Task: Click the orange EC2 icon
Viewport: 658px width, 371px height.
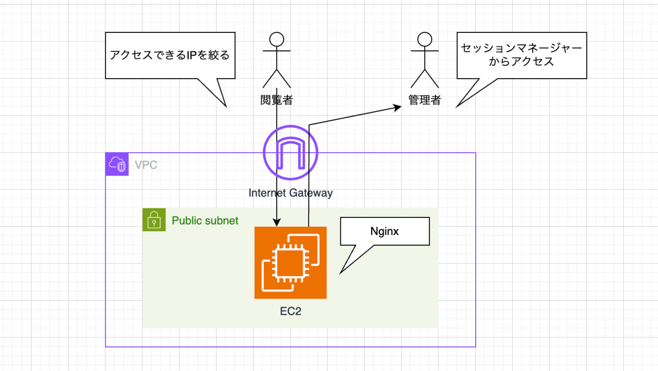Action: tap(290, 263)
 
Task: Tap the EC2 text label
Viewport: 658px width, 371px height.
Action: tap(290, 311)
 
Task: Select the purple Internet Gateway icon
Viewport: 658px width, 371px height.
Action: tap(290, 153)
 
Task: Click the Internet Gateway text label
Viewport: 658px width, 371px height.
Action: tap(290, 193)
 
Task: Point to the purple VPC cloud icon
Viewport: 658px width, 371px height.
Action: tap(117, 164)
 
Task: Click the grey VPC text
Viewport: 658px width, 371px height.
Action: tap(146, 165)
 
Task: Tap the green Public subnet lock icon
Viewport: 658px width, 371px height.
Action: tap(154, 220)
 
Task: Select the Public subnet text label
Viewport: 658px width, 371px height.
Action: tap(205, 221)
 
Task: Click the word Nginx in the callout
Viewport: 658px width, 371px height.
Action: tap(385, 231)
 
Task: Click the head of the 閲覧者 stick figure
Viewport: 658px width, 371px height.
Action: tap(277, 40)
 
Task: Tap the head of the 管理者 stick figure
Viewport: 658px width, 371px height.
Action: tap(425, 40)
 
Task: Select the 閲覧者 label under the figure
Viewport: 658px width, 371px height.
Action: tap(277, 100)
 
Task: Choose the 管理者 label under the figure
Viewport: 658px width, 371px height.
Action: tap(425, 100)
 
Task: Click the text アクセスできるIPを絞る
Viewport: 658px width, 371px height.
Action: tap(170, 55)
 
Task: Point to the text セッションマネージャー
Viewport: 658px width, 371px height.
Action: tap(521, 48)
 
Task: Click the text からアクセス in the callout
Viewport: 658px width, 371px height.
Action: tap(521, 62)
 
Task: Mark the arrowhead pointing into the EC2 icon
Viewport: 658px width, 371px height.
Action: tap(277, 222)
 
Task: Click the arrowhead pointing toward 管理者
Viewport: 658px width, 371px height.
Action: tap(397, 108)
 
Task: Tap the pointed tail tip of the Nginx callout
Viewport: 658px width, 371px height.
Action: tap(340, 274)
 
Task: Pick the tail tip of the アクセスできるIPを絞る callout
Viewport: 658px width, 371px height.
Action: tap(226, 107)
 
